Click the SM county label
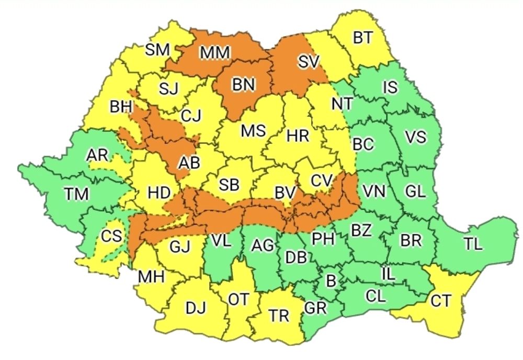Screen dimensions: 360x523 click(x=157, y=50)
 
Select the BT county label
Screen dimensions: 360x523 click(x=363, y=38)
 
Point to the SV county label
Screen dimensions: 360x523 click(x=309, y=62)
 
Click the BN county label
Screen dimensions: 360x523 click(x=243, y=85)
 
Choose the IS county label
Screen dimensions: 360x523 click(x=390, y=87)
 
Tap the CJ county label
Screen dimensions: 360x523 click(x=191, y=116)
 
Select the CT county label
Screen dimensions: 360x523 click(x=442, y=301)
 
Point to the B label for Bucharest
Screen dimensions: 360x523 click(x=330, y=281)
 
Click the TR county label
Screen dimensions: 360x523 click(x=278, y=316)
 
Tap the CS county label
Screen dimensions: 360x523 click(x=112, y=236)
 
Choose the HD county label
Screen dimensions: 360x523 click(x=159, y=193)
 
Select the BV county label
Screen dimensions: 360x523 click(x=285, y=193)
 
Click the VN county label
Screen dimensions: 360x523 click(x=374, y=192)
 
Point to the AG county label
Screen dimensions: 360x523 click(x=263, y=245)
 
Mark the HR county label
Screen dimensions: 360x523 click(x=298, y=136)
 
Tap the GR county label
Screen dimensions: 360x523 click(x=315, y=308)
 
